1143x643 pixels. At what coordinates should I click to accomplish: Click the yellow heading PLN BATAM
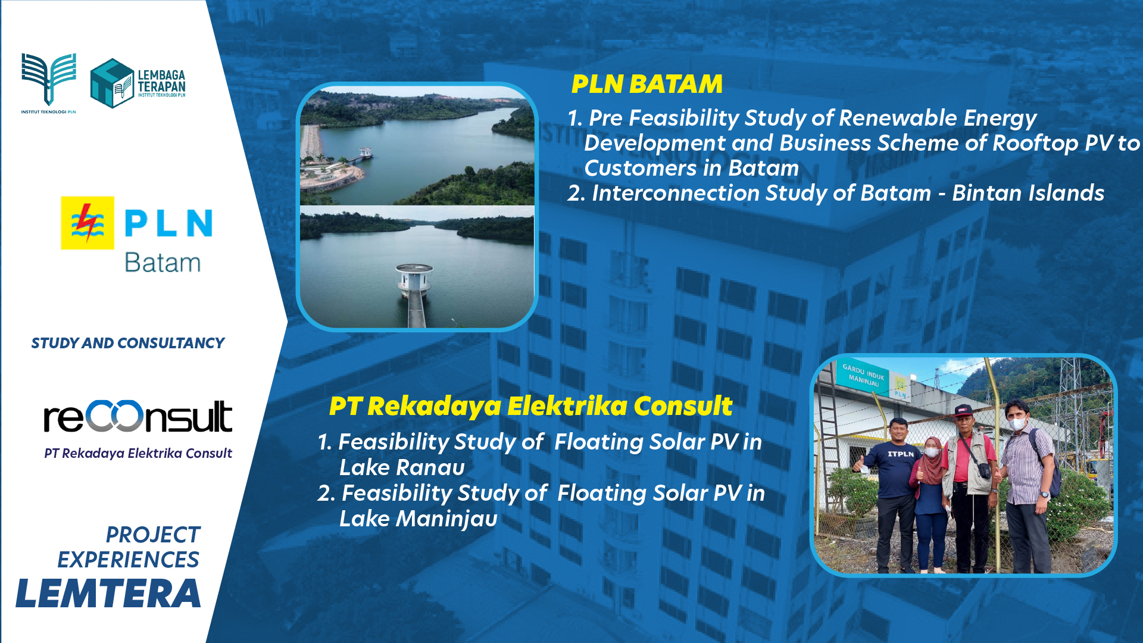(647, 84)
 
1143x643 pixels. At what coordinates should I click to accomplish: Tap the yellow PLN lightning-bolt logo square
(88, 223)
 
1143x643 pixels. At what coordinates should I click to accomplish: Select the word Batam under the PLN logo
(163, 263)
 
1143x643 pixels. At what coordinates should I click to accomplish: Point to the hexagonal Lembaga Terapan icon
(112, 83)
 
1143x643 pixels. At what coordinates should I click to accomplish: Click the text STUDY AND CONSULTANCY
(128, 343)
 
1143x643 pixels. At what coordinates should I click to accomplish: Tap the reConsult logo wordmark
(138, 416)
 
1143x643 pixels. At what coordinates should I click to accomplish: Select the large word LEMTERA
(108, 594)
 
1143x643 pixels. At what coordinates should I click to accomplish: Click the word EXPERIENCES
(128, 560)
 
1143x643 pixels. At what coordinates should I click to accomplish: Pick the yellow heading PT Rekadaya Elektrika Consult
(530, 406)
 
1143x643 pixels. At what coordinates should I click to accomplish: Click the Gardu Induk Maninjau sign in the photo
(864, 376)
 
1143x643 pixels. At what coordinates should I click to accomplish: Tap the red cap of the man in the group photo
(963, 410)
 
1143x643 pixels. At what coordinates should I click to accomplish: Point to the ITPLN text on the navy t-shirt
(901, 454)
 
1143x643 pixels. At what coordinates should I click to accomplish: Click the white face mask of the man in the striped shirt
(1017, 424)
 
